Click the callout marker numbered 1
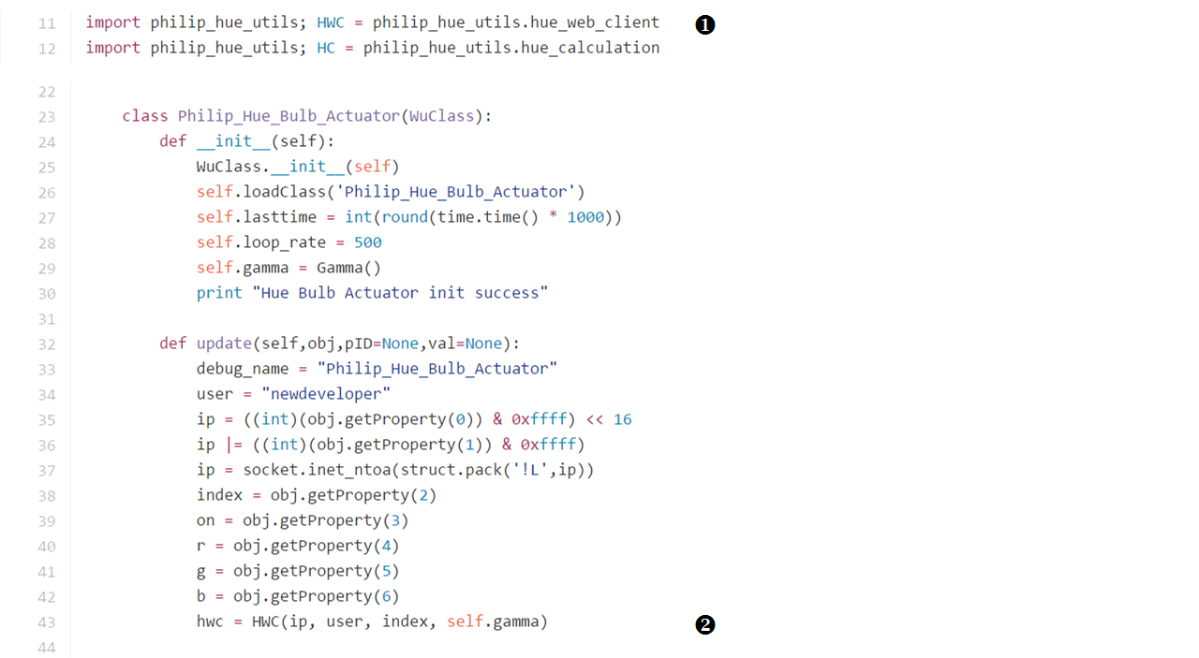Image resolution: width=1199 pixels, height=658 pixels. tap(705, 25)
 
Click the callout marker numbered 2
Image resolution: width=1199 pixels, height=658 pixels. tap(705, 624)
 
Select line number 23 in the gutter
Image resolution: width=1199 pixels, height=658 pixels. tap(47, 117)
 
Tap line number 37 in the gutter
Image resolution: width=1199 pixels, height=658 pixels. tap(47, 471)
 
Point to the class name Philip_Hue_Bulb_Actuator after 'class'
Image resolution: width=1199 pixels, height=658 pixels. tap(289, 116)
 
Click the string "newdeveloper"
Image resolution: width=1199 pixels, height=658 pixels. tap(326, 394)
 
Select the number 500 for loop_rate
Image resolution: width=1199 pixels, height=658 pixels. tap(368, 242)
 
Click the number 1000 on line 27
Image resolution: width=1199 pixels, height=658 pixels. tap(585, 217)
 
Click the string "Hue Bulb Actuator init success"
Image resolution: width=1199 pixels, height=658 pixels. tap(400, 293)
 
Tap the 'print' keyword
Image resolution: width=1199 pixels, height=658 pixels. tap(219, 293)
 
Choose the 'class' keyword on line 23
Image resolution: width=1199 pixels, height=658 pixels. tap(145, 116)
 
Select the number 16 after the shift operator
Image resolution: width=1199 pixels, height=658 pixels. tap(623, 419)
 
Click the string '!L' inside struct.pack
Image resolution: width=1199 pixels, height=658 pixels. tap(530, 470)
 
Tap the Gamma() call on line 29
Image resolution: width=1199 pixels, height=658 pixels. tap(348, 268)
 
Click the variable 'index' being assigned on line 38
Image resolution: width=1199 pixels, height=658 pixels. tap(219, 495)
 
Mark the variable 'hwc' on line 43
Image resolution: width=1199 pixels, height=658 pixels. tap(210, 621)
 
